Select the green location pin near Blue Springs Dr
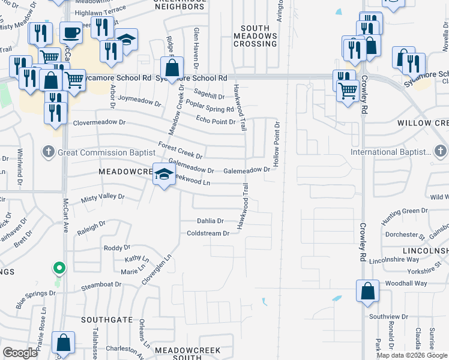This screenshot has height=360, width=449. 58,268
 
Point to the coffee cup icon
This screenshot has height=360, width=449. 71,32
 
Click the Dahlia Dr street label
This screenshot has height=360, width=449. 210,221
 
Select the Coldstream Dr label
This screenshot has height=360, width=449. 208,233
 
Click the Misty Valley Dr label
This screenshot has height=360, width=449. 103,196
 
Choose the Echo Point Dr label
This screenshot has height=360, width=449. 215,122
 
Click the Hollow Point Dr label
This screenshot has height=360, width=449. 277,143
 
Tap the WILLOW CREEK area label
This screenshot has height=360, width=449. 423,122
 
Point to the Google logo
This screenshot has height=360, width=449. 20,353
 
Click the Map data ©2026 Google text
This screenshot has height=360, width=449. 411,355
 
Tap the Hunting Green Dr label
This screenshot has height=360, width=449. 406,211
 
